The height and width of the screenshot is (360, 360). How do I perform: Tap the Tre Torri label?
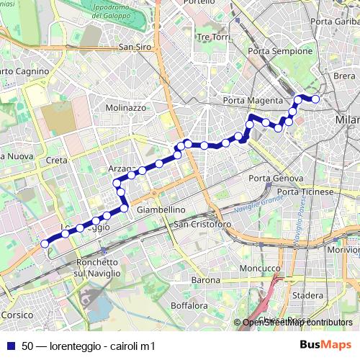click(212, 37)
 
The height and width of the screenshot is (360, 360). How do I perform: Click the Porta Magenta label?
click(249, 100)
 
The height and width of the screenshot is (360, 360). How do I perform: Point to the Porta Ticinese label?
click(305, 192)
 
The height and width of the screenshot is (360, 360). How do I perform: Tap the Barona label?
click(206, 279)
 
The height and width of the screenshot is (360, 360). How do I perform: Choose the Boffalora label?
click(189, 306)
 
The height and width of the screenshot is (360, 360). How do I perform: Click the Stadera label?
click(309, 295)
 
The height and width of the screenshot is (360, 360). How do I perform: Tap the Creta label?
click(56, 160)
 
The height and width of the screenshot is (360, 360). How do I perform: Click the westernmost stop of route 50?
click(45, 243)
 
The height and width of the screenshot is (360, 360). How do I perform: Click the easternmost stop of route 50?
click(315, 99)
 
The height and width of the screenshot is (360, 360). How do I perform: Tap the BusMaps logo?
click(326, 346)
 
